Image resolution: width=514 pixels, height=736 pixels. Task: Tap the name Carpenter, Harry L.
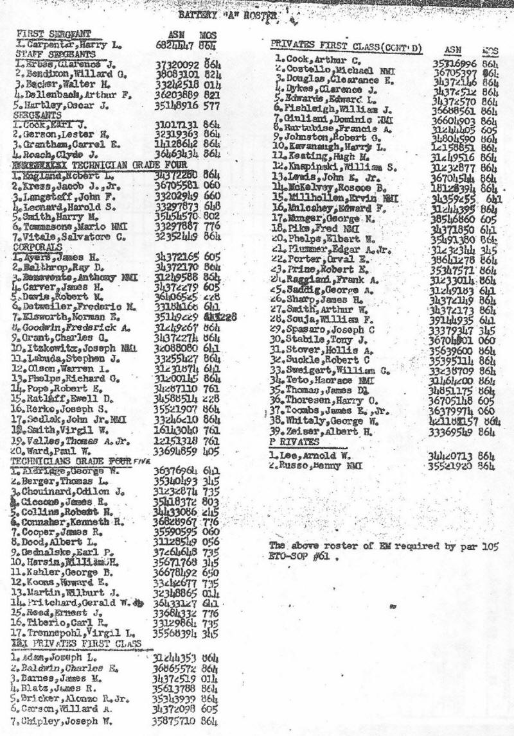pos(65,44)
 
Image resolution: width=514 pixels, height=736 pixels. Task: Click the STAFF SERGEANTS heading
pos(55,55)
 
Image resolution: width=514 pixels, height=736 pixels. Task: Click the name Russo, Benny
pos(314,465)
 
